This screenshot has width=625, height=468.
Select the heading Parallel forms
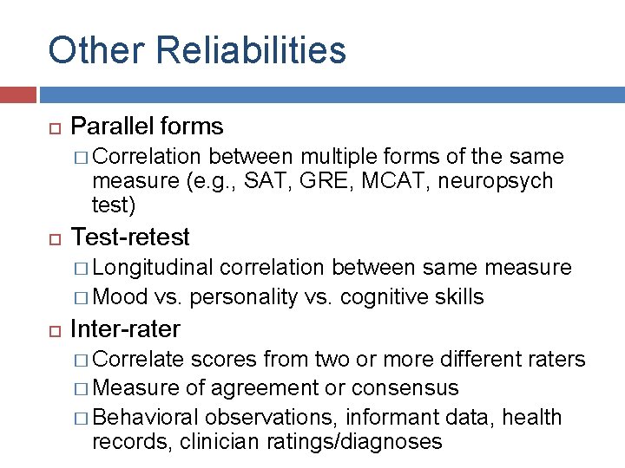click(147, 127)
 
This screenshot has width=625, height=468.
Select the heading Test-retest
click(130, 237)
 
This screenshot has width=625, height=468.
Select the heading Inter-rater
click(125, 329)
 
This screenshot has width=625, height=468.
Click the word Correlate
click(138, 360)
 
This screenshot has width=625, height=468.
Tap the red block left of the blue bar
click(17, 94)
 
